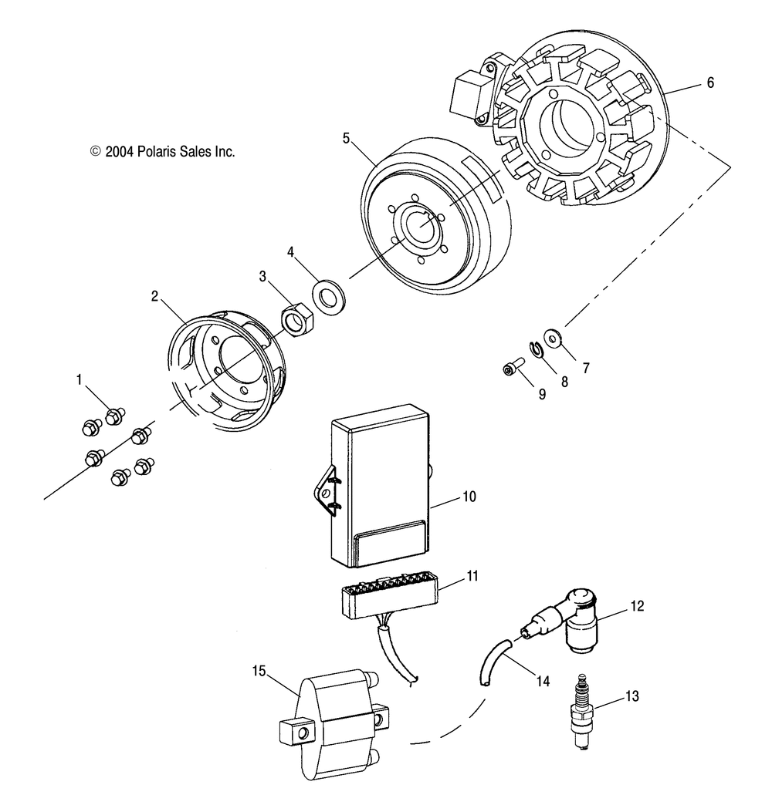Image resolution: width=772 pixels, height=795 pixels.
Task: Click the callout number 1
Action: point(78,379)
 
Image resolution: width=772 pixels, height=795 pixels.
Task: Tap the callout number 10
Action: point(469,497)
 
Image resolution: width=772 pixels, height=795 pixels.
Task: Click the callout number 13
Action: point(632,696)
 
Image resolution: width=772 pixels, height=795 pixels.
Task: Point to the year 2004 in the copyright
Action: point(120,152)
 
